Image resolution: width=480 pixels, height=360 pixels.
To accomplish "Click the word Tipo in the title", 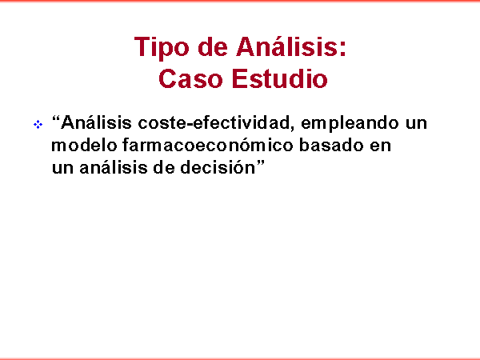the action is [x=162, y=48].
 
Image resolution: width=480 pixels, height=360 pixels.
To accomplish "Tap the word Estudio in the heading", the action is [x=280, y=78].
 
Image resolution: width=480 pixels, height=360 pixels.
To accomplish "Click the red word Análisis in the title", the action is [x=286, y=46].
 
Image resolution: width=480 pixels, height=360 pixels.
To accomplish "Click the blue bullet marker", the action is [x=38, y=125].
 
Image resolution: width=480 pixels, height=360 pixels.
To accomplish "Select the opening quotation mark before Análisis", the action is [x=56, y=118].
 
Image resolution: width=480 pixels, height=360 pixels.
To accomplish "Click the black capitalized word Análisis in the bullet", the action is [x=96, y=122].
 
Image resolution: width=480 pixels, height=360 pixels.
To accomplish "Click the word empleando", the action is [x=350, y=123].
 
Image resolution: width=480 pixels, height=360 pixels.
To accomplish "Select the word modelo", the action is [x=84, y=145].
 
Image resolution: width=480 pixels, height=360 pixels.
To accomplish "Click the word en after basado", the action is [x=381, y=146].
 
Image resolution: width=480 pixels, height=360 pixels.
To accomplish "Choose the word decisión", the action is [x=218, y=167].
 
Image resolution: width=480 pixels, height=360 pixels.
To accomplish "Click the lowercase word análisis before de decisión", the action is [x=114, y=167].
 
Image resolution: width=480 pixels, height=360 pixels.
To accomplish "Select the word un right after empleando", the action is [x=416, y=124].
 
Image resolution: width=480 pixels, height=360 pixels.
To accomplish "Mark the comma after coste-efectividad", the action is [x=293, y=129].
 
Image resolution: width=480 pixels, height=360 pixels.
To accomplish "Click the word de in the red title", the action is [x=213, y=47].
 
